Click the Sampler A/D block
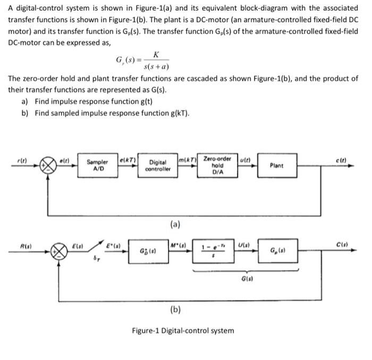[x=98, y=165]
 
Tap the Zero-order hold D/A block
[x=217, y=165]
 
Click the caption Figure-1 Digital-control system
[x=183, y=330]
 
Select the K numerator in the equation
[x=155, y=55]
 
